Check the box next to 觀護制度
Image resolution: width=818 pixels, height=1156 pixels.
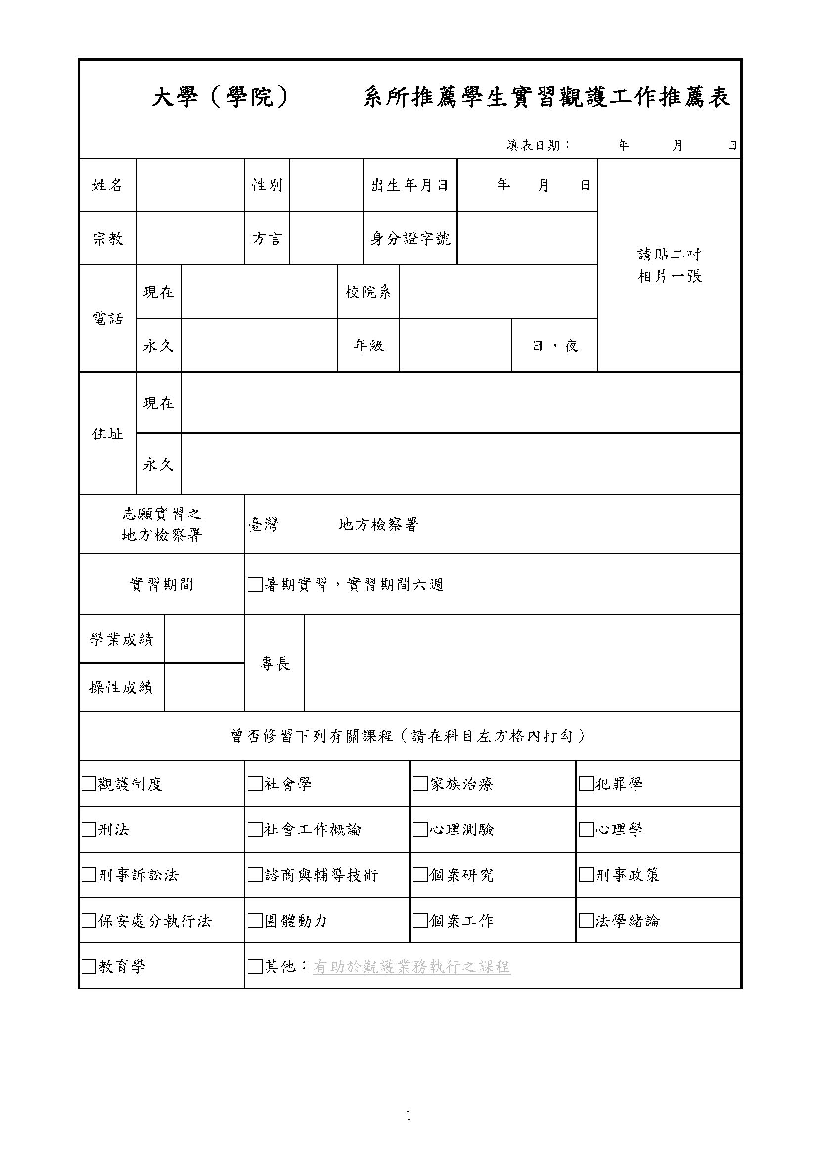pos(89,784)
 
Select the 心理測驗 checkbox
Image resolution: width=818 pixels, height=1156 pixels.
pos(420,829)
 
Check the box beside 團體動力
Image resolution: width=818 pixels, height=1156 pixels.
pos(255,921)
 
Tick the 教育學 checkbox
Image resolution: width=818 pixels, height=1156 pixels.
pos(89,966)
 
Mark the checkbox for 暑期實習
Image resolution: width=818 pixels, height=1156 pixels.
pos(255,585)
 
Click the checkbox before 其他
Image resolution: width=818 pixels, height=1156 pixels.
pos(255,966)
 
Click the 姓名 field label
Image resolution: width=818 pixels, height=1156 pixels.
pos(107,185)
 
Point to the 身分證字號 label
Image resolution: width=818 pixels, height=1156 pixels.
pos(410,239)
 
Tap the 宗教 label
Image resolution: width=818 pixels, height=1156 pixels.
pos(107,239)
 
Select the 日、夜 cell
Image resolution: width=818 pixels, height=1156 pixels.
pos(554,346)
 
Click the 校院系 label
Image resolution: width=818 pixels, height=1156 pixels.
pos(368,292)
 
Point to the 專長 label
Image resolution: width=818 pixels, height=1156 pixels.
pos(274,664)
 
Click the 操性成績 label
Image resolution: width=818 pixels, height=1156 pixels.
pos(121,687)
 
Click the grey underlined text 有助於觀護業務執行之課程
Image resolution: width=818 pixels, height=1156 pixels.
pos(411,967)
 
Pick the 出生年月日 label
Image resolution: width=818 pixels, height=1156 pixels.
pos(410,185)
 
